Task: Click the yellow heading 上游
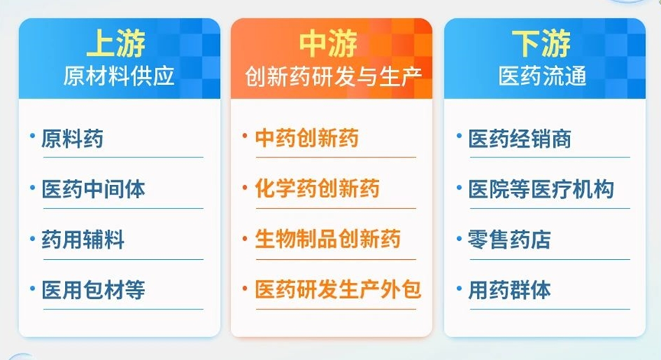[x=116, y=43]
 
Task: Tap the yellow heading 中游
[x=329, y=43]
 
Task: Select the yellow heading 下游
[x=541, y=43]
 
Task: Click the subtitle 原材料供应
[x=119, y=76]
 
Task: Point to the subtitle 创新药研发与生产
[x=333, y=76]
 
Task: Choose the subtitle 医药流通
[x=543, y=76]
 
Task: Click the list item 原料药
[x=73, y=138]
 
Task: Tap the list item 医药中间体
[x=93, y=189]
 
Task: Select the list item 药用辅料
[x=83, y=239]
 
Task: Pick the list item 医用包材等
[x=93, y=290]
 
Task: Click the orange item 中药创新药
[x=307, y=138]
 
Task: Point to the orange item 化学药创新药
[x=317, y=189]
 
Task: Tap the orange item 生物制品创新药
[x=328, y=239]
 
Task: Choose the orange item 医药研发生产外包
[x=338, y=290]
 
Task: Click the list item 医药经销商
[x=520, y=138]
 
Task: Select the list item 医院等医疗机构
[x=541, y=189]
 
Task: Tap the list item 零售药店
[x=509, y=239]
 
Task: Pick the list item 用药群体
[x=509, y=290]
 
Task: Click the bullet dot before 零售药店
[x=459, y=239]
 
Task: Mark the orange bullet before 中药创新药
[x=245, y=136]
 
